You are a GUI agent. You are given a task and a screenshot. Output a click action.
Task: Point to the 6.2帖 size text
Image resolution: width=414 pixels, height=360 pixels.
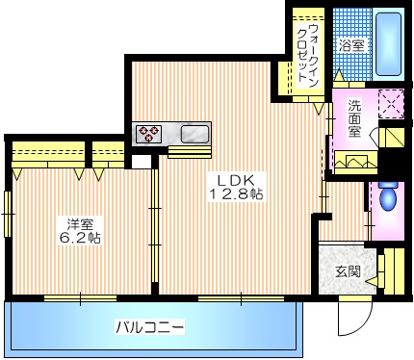pos(81,238)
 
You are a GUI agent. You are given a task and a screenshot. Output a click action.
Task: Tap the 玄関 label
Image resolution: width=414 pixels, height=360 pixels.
pos(348,271)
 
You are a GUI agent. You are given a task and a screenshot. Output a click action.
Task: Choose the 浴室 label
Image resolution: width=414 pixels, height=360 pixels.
pos(351,45)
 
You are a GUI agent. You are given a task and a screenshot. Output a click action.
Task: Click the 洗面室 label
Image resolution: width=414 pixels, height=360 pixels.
pos(355,117)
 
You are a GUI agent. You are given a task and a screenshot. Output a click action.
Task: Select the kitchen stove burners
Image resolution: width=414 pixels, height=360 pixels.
pos(149,133)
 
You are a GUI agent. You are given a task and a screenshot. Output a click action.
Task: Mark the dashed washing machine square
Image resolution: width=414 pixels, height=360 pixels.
pos(391,103)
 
